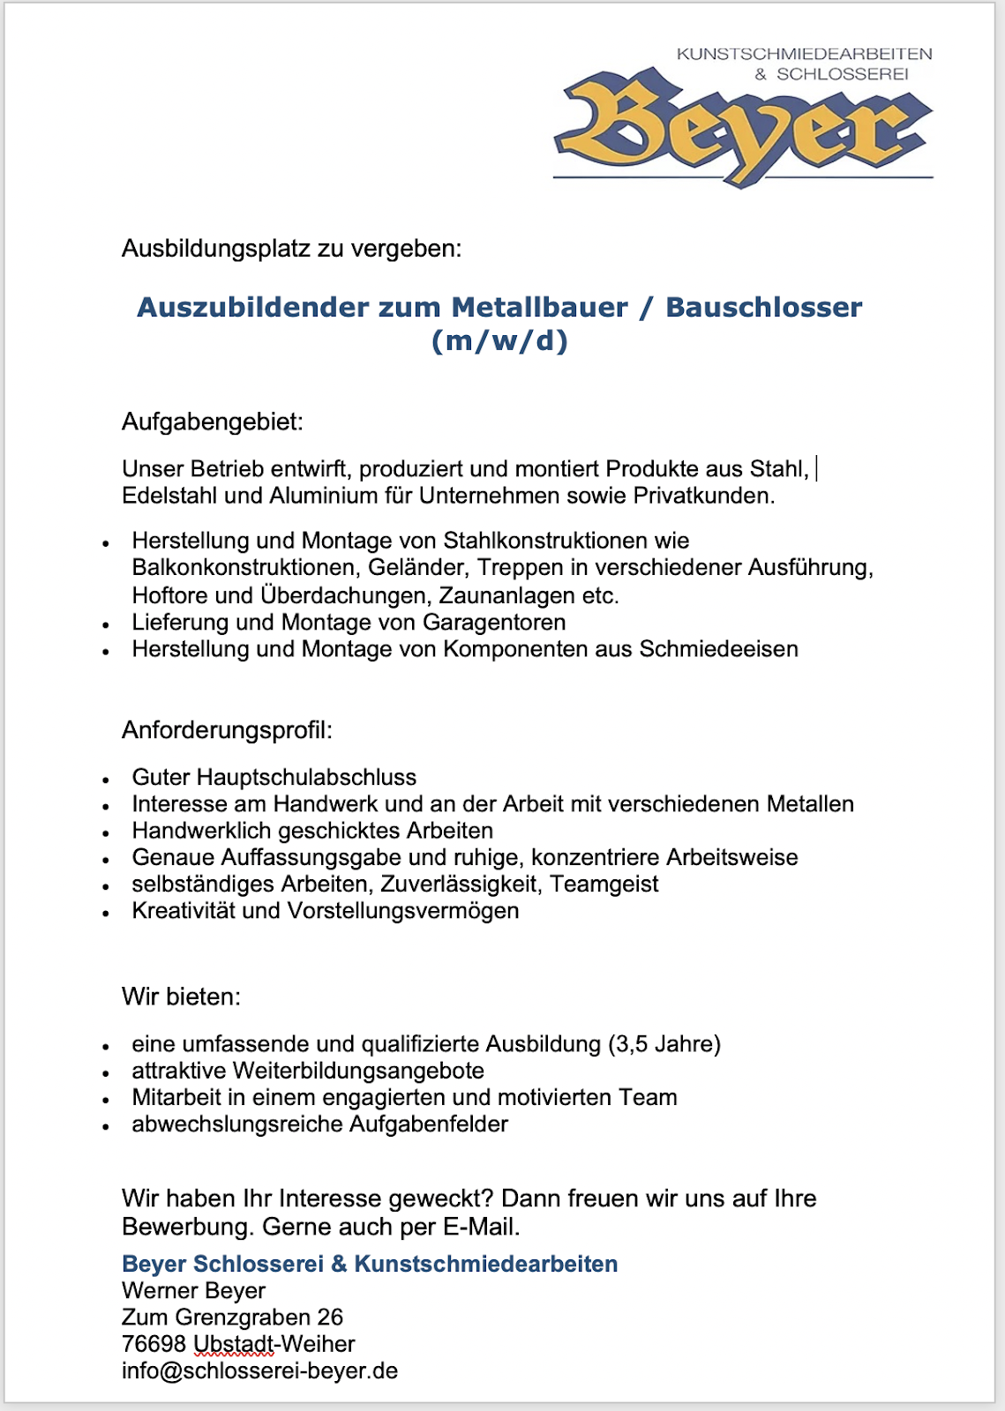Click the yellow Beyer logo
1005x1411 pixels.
click(743, 128)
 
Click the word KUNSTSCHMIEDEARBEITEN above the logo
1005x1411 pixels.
click(804, 54)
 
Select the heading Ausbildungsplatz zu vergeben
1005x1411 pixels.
click(291, 249)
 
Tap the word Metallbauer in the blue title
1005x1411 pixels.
click(539, 307)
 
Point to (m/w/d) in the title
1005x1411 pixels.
click(499, 340)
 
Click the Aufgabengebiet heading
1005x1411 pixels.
click(212, 422)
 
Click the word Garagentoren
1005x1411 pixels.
click(494, 623)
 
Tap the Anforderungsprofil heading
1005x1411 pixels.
click(227, 730)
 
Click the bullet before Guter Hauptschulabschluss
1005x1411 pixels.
click(106, 780)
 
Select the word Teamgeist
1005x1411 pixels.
click(604, 884)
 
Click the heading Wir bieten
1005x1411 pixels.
click(181, 997)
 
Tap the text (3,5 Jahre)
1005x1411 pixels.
click(664, 1044)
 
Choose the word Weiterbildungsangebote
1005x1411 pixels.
click(358, 1071)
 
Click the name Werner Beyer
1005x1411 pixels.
click(193, 1290)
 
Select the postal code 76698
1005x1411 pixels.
click(154, 1344)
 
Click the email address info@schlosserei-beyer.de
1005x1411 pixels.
click(259, 1370)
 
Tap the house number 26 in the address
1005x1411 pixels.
click(330, 1317)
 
